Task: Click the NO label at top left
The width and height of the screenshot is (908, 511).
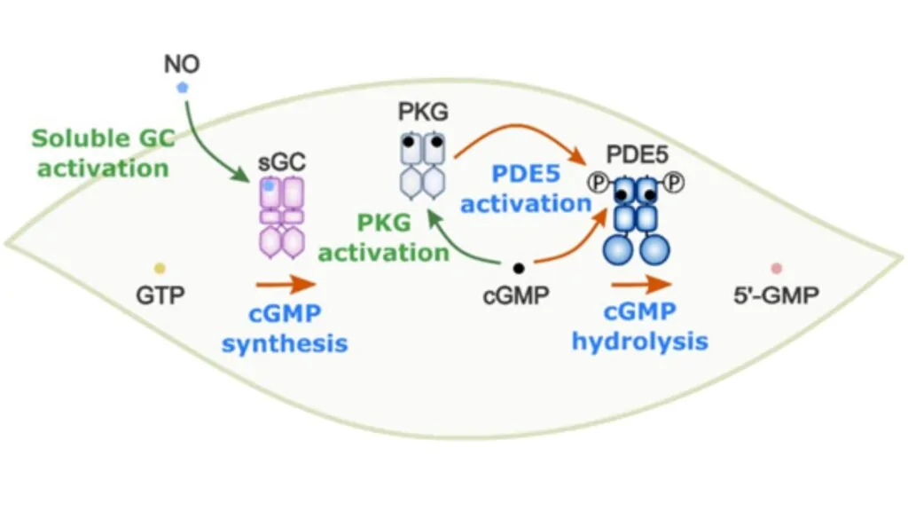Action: tap(181, 65)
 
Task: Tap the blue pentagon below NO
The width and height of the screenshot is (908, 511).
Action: tap(182, 88)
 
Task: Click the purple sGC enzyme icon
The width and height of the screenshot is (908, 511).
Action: tap(281, 216)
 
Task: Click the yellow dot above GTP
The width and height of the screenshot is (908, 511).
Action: tap(160, 268)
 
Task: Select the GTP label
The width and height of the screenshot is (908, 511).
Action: tap(160, 296)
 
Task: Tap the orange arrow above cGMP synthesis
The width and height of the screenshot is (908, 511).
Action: tap(285, 286)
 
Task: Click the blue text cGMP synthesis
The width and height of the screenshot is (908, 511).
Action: tap(285, 327)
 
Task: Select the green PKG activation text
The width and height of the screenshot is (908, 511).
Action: tap(384, 238)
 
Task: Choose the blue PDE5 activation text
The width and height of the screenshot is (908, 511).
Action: tap(526, 189)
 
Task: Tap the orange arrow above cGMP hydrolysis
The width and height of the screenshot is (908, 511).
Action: tap(639, 286)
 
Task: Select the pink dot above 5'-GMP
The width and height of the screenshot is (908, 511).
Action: tap(777, 268)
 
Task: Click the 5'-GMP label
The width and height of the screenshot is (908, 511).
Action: tap(777, 296)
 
